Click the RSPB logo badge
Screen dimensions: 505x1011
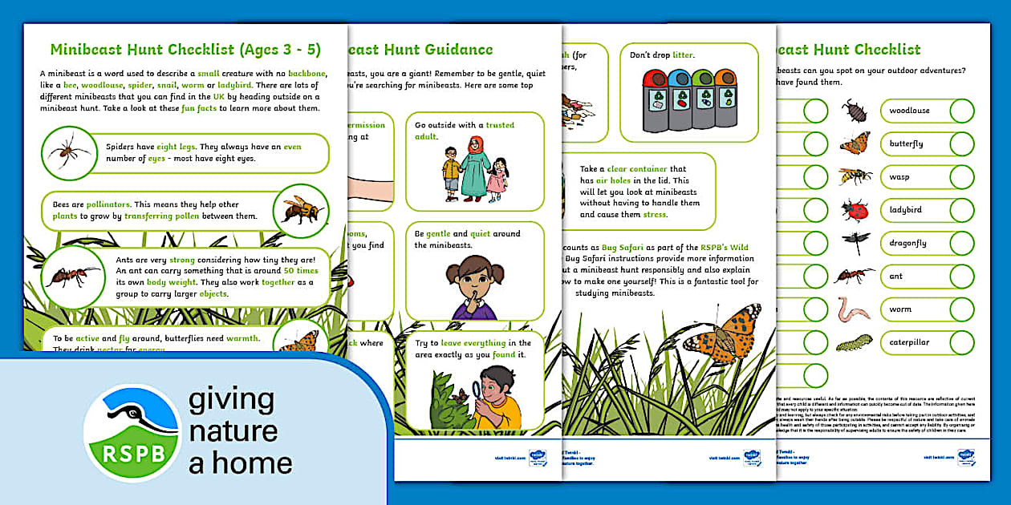(132, 434)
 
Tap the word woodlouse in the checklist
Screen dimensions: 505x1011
(909, 111)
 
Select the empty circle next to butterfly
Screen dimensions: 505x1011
(962, 143)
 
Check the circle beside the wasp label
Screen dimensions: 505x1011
(962, 176)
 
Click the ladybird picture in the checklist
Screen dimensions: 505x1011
(855, 210)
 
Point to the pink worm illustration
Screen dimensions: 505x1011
(853, 309)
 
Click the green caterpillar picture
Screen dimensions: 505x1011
(854, 343)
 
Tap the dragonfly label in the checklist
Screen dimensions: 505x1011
(907, 243)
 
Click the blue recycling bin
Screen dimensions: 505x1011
(680, 98)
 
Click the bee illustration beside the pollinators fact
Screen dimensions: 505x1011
(302, 210)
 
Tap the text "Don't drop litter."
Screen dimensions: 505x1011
(661, 55)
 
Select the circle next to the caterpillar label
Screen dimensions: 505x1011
(962, 342)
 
